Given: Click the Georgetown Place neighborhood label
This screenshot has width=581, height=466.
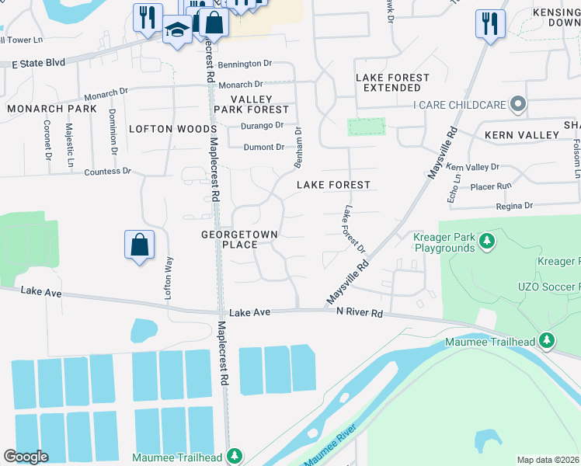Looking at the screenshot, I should coord(239,239).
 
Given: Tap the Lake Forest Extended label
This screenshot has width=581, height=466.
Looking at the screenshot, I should coord(392,83).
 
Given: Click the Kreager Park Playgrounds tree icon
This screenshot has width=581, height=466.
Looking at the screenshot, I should coord(487,242).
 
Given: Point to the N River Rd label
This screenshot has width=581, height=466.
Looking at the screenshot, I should coord(360,312).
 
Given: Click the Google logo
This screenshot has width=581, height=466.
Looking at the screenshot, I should coord(26,457).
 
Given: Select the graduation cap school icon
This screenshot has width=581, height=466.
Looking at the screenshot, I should coord(177,30).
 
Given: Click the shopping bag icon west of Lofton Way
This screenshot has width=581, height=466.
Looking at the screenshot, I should coord(139,245).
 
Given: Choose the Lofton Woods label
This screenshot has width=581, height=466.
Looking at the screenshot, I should coord(172,129).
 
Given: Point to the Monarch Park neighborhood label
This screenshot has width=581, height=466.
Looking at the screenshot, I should coord(52,109).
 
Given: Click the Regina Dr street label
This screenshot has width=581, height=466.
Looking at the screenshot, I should coord(514,206).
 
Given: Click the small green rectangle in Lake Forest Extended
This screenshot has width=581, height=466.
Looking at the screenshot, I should coord(366,127).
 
